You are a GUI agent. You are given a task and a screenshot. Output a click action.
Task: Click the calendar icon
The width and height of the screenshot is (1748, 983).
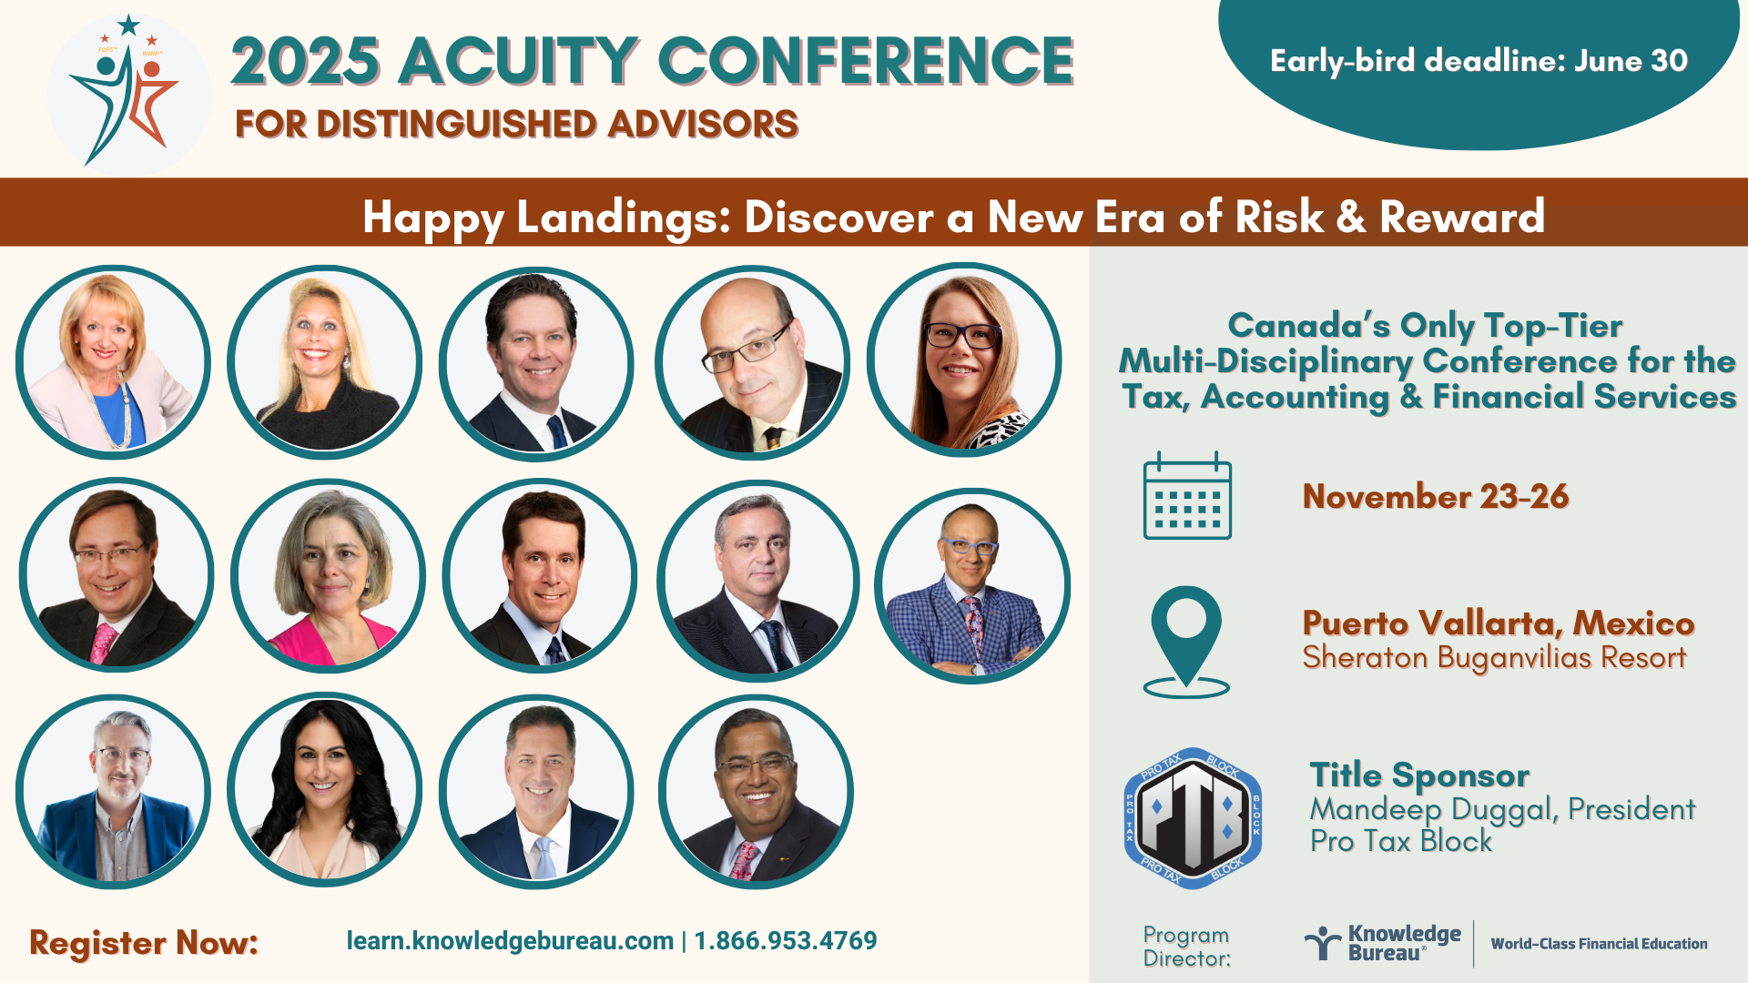tap(1187, 495)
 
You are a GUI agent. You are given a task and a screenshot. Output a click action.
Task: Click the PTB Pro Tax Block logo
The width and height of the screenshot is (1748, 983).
tap(1193, 818)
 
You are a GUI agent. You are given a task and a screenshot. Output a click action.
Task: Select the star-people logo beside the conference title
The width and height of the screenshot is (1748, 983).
tap(128, 95)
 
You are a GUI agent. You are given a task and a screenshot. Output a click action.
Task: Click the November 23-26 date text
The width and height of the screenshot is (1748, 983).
tap(1436, 496)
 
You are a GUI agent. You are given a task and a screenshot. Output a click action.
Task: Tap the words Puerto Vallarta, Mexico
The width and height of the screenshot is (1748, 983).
tap(1499, 623)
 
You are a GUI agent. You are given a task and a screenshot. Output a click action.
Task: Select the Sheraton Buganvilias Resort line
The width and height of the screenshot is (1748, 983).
tap(1494, 657)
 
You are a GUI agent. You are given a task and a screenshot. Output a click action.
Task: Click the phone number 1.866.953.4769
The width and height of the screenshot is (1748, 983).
tap(786, 941)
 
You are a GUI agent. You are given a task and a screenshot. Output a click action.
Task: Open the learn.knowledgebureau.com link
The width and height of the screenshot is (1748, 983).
tap(510, 941)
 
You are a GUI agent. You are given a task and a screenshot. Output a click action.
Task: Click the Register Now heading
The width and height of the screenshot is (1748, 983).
tap(144, 943)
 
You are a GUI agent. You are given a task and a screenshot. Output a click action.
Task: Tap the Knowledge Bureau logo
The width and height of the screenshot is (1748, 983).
tap(1382, 944)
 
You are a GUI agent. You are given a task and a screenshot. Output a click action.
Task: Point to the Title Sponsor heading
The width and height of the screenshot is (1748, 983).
tap(1419, 775)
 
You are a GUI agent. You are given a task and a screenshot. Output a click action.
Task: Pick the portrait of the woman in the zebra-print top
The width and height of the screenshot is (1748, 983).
tap(964, 360)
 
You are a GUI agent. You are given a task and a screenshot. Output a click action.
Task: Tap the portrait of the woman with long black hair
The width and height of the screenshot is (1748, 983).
tap(324, 790)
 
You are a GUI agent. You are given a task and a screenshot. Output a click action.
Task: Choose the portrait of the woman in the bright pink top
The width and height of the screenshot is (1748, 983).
tap(328, 576)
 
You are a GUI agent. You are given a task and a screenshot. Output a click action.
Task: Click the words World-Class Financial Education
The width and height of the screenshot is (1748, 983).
tap(1599, 944)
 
